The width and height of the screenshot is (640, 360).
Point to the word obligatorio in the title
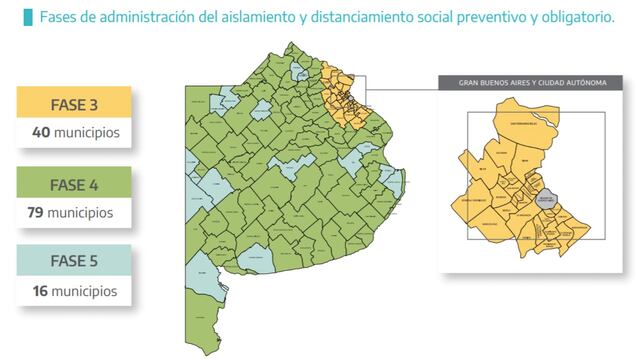(x=572, y=17)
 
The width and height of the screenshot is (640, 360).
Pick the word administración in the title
(x=156, y=17)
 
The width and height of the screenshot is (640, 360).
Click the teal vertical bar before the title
(x=30, y=17)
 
